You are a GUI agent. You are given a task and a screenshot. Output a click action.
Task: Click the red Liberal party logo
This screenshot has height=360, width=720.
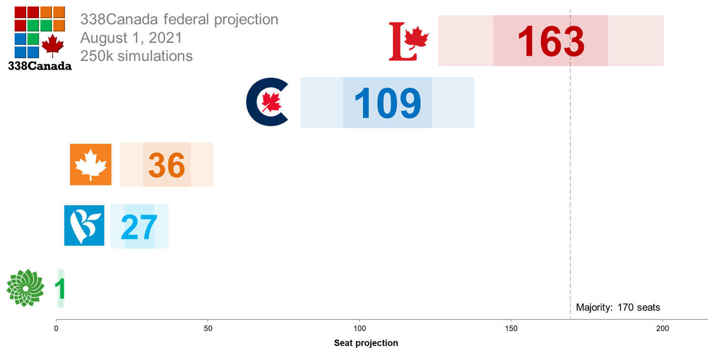(x=409, y=41)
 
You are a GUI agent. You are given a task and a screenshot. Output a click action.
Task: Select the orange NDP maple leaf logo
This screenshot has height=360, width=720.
(x=90, y=164)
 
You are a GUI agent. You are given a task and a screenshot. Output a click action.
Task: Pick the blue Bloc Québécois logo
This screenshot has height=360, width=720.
(x=84, y=225)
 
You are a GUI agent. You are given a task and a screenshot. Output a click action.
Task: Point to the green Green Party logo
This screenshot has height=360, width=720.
(x=25, y=288)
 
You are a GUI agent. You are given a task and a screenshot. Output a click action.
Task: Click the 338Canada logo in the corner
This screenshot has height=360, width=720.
(x=40, y=38)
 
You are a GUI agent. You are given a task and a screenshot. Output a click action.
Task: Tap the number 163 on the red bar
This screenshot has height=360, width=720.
(x=550, y=41)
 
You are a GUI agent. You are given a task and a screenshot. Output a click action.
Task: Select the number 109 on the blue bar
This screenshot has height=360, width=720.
(x=387, y=102)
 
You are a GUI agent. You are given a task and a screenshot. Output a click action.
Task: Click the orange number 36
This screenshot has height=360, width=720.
(x=166, y=165)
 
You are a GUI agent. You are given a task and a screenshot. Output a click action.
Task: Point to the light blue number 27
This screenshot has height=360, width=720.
(x=139, y=227)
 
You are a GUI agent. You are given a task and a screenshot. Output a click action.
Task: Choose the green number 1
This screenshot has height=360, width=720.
(x=60, y=289)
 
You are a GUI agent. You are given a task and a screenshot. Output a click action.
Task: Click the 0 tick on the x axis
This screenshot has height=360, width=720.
(x=56, y=329)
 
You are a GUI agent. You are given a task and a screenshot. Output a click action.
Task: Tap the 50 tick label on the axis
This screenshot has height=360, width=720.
(x=208, y=329)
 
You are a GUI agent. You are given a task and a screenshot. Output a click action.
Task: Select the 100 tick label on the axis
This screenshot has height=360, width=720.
(x=360, y=329)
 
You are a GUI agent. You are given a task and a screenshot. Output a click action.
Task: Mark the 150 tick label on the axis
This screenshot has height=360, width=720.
(x=511, y=329)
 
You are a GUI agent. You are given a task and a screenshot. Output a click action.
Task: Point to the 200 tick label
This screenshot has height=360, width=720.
(x=662, y=329)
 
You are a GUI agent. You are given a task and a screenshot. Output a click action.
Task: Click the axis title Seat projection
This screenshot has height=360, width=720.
(x=366, y=343)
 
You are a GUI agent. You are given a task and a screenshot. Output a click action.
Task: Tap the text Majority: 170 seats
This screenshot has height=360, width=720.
(x=618, y=307)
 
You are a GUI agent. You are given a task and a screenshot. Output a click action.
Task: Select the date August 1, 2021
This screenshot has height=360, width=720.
(x=131, y=38)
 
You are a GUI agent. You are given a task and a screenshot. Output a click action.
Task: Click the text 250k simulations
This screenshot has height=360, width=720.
(x=137, y=56)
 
